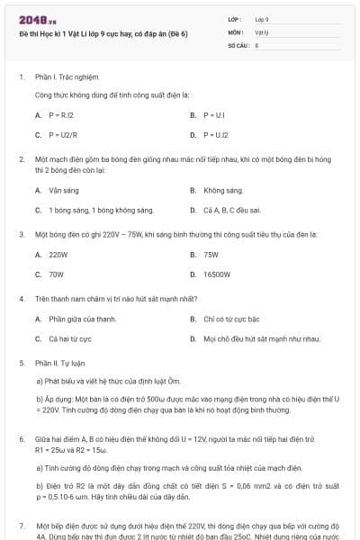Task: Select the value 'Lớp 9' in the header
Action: click(262, 18)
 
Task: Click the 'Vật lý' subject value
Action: click(261, 31)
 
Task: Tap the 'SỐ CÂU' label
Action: click(239, 44)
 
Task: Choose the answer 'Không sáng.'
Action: click(223, 190)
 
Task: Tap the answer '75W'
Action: click(211, 255)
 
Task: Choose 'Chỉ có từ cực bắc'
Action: click(231, 319)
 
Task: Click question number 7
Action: click(22, 523)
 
